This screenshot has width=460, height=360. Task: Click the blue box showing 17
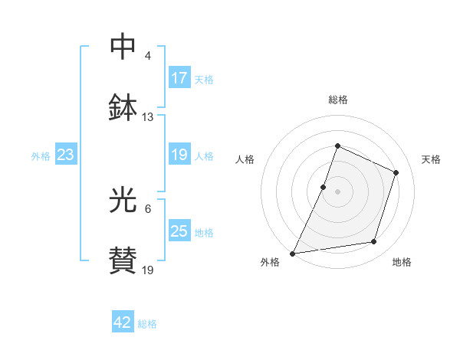[179, 78]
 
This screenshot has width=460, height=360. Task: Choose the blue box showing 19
[179, 155]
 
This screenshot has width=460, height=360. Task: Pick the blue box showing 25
[179, 231]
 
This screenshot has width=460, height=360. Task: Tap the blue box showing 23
[66, 155]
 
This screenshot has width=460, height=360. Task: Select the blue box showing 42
[123, 322]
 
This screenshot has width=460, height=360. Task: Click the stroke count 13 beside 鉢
[148, 117]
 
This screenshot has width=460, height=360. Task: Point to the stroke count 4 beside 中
[148, 56]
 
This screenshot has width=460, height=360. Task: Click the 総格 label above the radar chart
[338, 100]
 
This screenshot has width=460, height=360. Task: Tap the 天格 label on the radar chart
[431, 159]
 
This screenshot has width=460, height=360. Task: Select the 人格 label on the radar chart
[245, 159]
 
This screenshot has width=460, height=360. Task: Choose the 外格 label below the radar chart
[270, 263]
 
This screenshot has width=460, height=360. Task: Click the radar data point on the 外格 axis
[293, 253]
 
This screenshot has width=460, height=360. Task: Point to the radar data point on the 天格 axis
[396, 172]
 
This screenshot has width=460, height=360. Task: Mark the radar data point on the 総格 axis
[338, 146]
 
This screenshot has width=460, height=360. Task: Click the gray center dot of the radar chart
[338, 191]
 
